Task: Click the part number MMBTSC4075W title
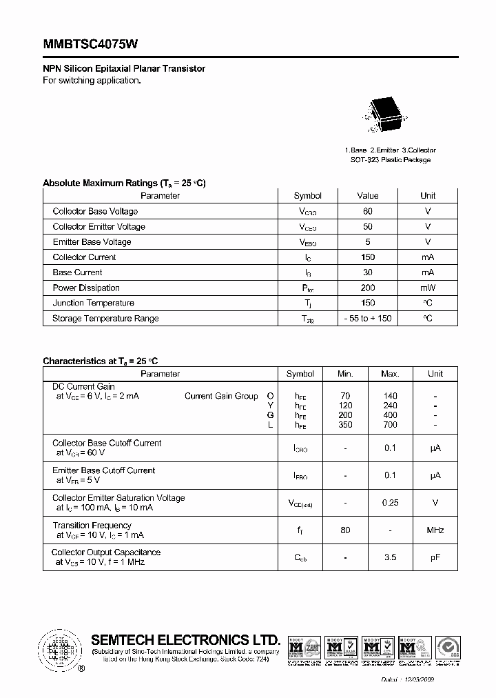click(x=90, y=44)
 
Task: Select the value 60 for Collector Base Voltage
click(x=367, y=211)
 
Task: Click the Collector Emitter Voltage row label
click(x=99, y=226)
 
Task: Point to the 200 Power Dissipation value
click(x=367, y=288)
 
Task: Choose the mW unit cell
click(x=428, y=288)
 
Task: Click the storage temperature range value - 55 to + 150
click(x=367, y=318)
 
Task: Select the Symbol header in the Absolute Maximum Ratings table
click(x=307, y=196)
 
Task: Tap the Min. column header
click(x=345, y=374)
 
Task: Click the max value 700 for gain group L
click(x=390, y=425)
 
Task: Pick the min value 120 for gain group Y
click(x=345, y=406)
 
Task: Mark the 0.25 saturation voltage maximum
click(x=390, y=503)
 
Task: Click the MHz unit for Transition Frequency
click(x=435, y=530)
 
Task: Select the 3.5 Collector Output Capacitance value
click(x=390, y=557)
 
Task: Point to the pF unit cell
click(x=435, y=557)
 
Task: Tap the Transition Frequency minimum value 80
click(x=345, y=530)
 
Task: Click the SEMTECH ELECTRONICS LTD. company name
click(x=185, y=639)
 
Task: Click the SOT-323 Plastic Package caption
click(x=390, y=160)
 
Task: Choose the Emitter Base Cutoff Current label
click(x=103, y=470)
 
